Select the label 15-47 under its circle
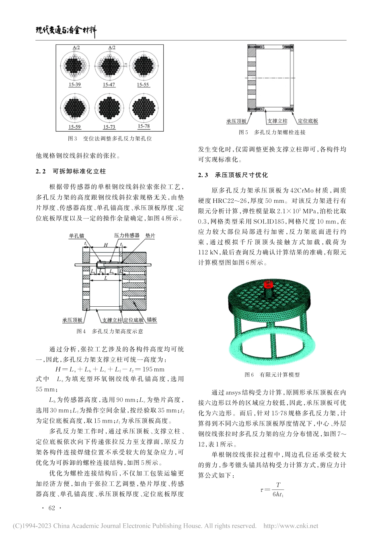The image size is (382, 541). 109,85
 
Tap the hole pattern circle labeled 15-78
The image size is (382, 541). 144,108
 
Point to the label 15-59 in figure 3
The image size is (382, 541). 74,127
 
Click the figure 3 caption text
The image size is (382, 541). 110,138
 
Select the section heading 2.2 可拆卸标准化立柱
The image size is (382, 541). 71,171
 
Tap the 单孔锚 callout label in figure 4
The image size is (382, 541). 77,236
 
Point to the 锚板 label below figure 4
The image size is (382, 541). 152,320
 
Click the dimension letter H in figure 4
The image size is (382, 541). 106,244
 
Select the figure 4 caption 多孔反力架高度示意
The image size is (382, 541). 110,331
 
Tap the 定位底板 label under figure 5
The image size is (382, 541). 308,121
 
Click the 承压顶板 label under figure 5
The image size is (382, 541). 236,121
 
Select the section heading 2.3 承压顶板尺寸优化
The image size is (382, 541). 233,175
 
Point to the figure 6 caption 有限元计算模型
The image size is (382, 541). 272,375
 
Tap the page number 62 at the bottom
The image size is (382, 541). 51,508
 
